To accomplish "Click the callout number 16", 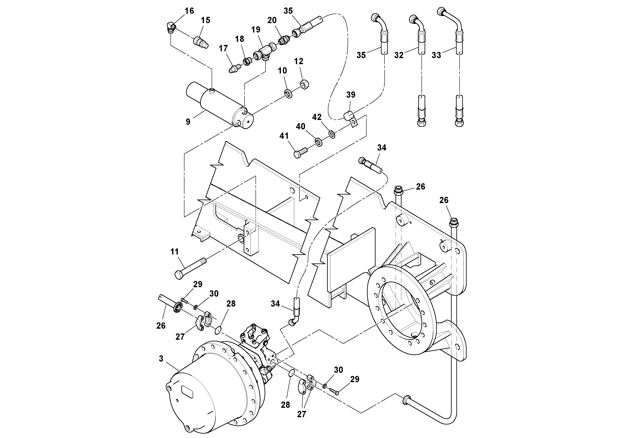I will (x=189, y=11).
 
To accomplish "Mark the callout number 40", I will (x=301, y=126).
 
